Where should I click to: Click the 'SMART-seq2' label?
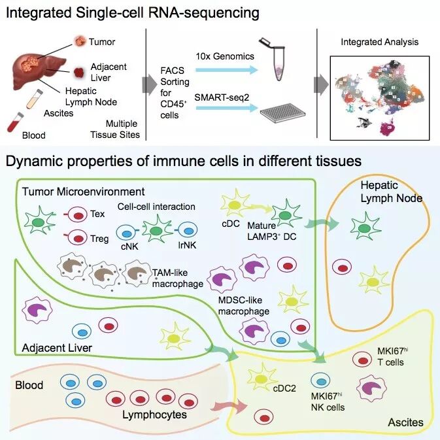point(223,97)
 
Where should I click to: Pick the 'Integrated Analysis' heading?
point(379,42)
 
